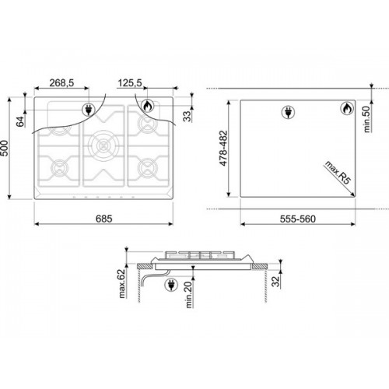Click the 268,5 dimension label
pos(61,83)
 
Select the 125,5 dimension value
pos(130,83)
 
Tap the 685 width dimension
pos(104,219)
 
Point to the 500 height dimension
pos(5,149)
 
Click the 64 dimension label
pos(20,121)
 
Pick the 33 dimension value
pos(187,116)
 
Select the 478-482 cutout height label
pos(223,148)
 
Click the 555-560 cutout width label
pos(298,219)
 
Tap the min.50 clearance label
pos(366,119)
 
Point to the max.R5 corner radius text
pos(338,173)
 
